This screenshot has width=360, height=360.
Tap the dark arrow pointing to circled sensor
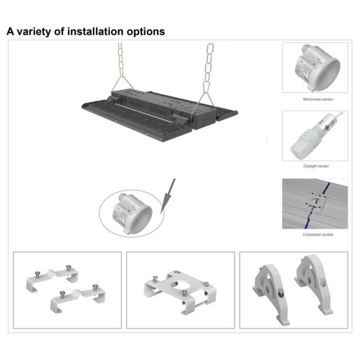170,190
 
